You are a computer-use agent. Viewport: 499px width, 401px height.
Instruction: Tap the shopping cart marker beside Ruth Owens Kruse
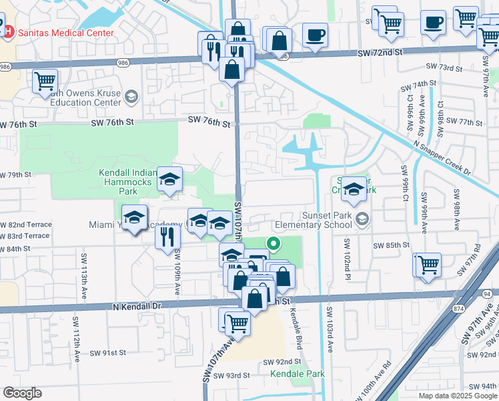coord(45,82)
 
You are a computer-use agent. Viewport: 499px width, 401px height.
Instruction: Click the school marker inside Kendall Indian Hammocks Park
coord(170,179)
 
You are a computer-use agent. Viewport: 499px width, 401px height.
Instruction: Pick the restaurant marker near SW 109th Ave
coord(167,237)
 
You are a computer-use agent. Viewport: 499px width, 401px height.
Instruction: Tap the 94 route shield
coord(486,293)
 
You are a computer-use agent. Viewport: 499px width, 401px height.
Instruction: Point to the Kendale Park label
coord(297,374)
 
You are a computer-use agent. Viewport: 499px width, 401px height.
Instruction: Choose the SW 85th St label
coord(391,245)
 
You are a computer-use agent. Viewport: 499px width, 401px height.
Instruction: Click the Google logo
coord(22,393)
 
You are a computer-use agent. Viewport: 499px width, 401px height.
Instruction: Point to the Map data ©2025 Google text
coord(457,396)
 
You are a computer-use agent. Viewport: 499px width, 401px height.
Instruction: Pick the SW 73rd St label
coord(444,68)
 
